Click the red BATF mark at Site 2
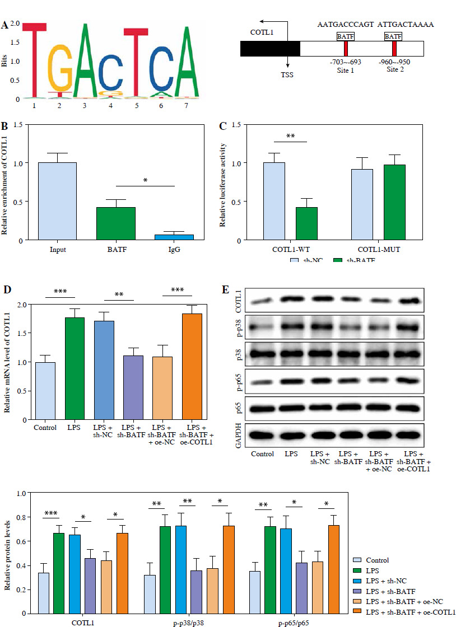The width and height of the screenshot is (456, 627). [394, 48]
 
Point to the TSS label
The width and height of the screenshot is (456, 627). [287, 73]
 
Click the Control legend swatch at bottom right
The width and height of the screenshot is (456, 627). [357, 560]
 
